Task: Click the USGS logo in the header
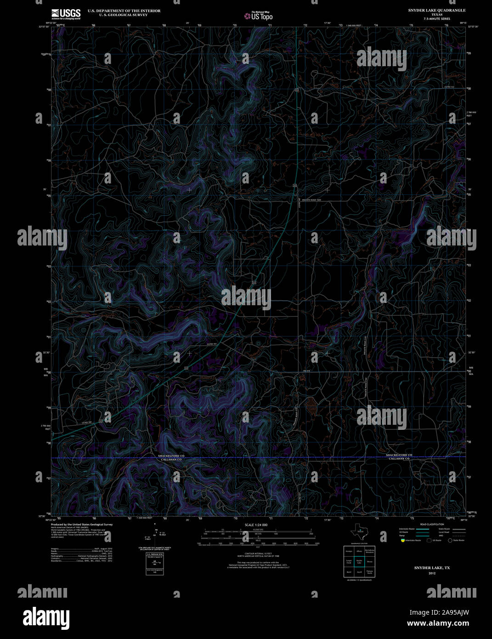click(66, 13)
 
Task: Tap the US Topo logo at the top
click(258, 16)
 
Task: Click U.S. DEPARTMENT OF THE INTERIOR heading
click(118, 11)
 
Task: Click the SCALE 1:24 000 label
click(256, 525)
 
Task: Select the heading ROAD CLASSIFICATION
click(432, 525)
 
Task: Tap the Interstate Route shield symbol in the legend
click(403, 541)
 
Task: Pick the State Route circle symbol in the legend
click(450, 541)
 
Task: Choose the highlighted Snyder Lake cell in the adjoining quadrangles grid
click(359, 561)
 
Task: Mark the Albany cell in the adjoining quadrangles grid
click(359, 551)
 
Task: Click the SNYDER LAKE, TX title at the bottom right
click(432, 568)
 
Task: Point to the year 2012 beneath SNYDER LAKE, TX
click(432, 573)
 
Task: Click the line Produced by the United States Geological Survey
click(81, 525)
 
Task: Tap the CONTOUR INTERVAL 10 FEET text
click(256, 553)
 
